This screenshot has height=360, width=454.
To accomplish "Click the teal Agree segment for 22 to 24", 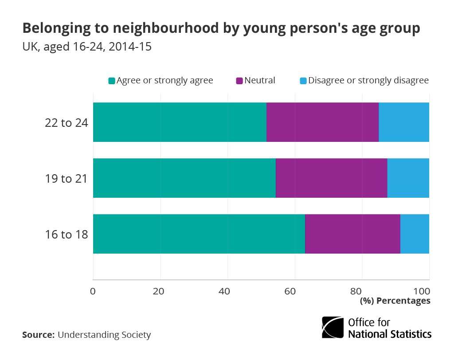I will [x=180, y=122].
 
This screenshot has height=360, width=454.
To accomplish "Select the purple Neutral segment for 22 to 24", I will [x=322, y=122].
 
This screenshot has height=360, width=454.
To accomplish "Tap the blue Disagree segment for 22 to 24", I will [x=404, y=122].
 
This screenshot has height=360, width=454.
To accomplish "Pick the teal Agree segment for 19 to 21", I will [x=184, y=178].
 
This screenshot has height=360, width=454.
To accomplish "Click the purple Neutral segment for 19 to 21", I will [x=331, y=178].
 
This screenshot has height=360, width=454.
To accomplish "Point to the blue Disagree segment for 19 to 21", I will [x=408, y=178].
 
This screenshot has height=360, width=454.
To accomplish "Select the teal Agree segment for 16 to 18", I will [x=199, y=234].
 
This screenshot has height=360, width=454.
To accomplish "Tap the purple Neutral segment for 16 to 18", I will [x=352, y=234].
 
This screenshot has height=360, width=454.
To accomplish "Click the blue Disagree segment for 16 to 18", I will [x=415, y=234].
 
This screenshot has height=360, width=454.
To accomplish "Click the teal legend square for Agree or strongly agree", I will [x=112, y=81].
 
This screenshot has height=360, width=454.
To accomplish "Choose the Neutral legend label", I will [x=260, y=80].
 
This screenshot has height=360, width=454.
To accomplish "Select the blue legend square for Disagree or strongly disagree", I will [x=303, y=81].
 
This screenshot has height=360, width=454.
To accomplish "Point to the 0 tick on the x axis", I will [x=93, y=291].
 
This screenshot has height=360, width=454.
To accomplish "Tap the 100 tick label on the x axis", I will [x=422, y=291].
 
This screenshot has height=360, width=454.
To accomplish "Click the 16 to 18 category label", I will [x=67, y=234].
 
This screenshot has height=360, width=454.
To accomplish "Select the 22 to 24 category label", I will [x=67, y=122].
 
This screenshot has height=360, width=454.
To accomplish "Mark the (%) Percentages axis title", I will [x=395, y=301].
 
